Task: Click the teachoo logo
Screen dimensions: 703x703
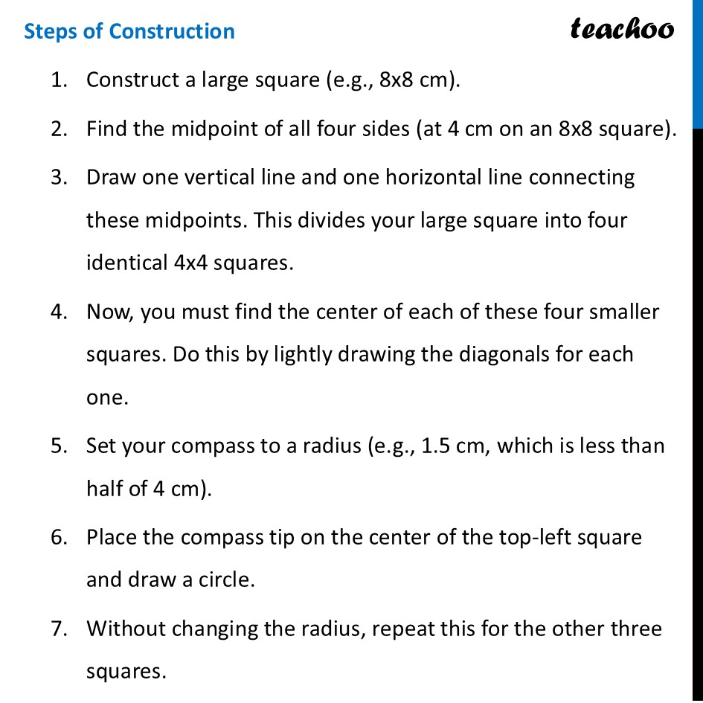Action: pos(622,29)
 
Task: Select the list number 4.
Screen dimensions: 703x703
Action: pos(59,311)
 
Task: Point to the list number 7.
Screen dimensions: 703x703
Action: pos(59,629)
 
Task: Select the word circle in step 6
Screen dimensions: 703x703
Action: pos(227,580)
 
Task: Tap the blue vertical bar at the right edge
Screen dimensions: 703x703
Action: pos(698,63)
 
